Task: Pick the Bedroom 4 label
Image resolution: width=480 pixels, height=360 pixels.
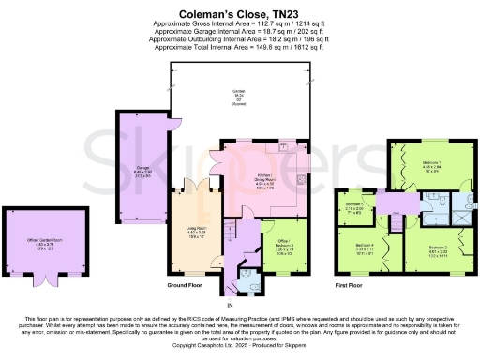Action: (x=365, y=248)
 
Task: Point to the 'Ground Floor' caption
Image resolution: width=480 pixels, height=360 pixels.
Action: (x=186, y=283)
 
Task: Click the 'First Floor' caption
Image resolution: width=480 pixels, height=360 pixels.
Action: (x=352, y=283)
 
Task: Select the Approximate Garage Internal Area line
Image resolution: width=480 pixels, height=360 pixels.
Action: (x=239, y=37)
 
